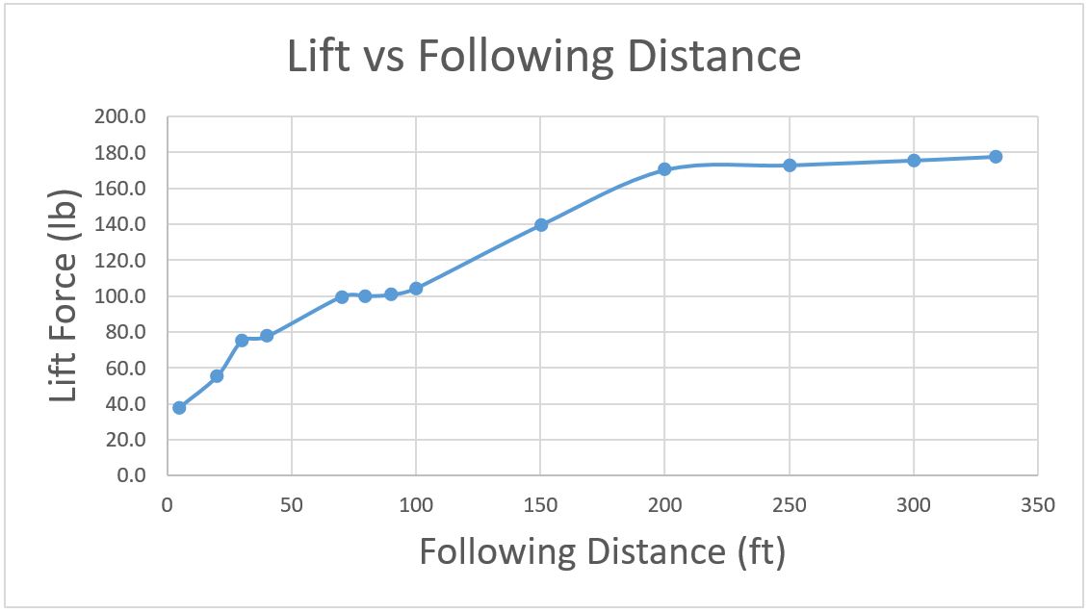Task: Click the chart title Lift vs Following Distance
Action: (x=544, y=57)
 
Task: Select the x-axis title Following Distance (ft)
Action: (x=602, y=552)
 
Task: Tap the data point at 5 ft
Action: (x=179, y=407)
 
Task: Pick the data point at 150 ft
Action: (x=541, y=225)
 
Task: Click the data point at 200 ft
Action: (x=664, y=169)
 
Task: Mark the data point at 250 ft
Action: (x=790, y=166)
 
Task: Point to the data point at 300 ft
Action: (x=914, y=161)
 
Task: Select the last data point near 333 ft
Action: (x=996, y=157)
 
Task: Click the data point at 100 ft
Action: (x=416, y=289)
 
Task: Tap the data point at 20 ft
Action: (x=217, y=376)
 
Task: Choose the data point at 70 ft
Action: (x=342, y=296)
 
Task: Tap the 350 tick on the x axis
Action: (x=1037, y=504)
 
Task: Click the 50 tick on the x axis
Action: (x=291, y=504)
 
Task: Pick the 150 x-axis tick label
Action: (x=540, y=504)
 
